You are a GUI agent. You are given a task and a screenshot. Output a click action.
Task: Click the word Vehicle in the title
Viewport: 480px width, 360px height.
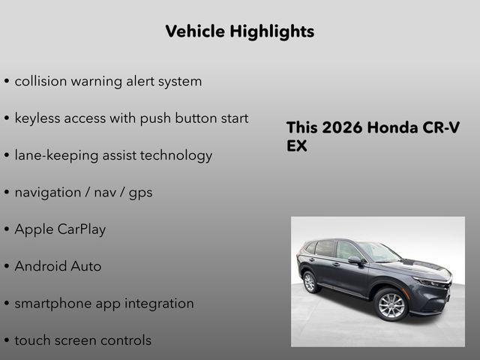coord(194,31)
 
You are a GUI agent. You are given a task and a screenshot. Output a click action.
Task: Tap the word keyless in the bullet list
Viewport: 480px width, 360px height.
coord(39,118)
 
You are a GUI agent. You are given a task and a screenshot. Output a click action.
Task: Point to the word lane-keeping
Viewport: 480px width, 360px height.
coord(57,156)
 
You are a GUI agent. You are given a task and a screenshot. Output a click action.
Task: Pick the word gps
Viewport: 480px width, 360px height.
coord(139,193)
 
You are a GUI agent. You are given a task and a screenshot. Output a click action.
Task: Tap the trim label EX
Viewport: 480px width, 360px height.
coord(297,146)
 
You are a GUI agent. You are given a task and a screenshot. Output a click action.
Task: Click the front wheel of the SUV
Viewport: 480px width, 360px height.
coord(391,305)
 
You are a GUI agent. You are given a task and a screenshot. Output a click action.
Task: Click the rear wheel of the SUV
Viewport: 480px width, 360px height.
coord(309,283)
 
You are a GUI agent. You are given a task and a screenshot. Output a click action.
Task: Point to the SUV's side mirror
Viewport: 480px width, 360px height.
coord(355,261)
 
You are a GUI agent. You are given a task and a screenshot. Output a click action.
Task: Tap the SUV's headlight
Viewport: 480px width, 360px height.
coord(431,283)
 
